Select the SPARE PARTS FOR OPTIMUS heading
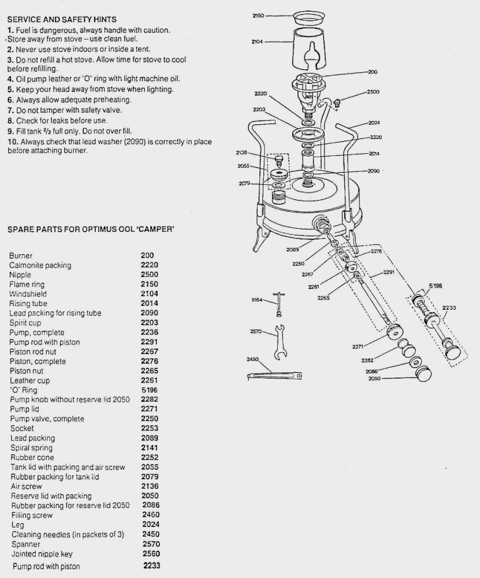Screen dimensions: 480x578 pos(91,229)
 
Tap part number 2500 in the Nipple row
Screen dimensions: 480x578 pos(150,275)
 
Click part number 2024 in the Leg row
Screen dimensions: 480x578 pos(150,525)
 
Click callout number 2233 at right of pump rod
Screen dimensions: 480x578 pos(448,308)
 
